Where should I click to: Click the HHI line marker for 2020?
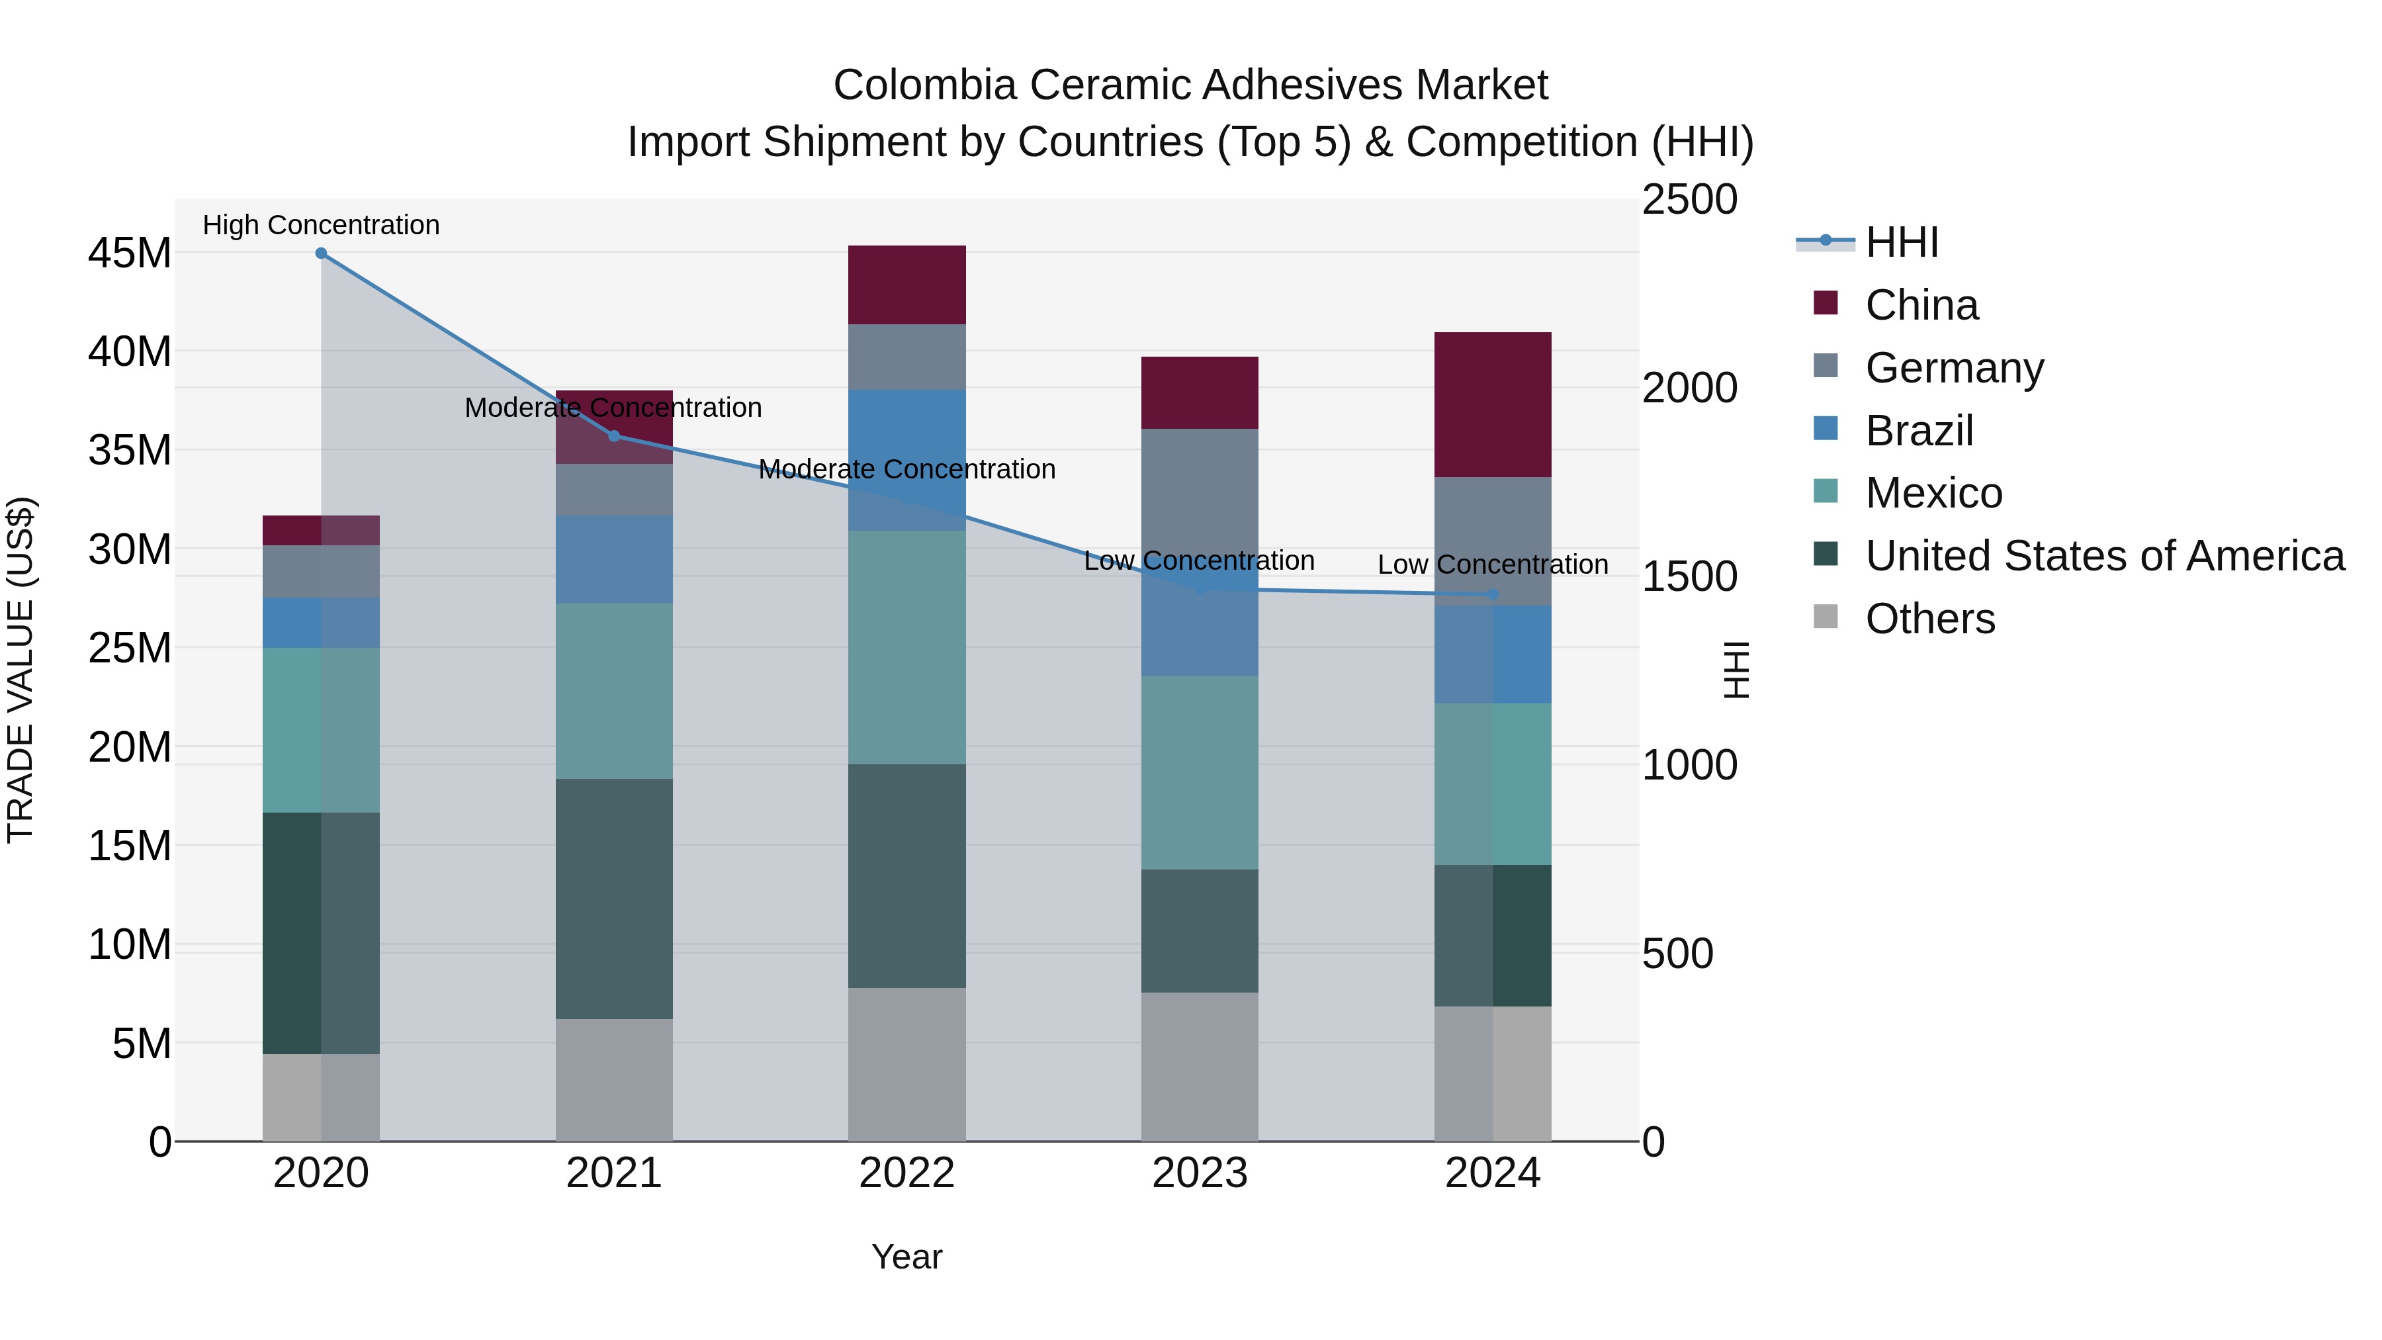click(x=321, y=253)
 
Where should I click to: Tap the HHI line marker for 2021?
click(x=614, y=435)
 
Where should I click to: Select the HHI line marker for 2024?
click(x=1493, y=595)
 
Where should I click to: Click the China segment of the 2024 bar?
click(x=1493, y=405)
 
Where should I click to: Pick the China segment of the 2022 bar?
click(x=906, y=285)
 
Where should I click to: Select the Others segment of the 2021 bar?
click(x=614, y=1080)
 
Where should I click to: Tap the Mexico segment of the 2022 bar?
click(x=906, y=647)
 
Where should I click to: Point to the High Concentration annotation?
click(x=321, y=225)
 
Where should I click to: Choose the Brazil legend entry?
click(x=1919, y=431)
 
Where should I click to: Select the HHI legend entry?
click(x=1901, y=242)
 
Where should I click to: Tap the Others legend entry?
click(x=1930, y=619)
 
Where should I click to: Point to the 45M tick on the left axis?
click(x=130, y=253)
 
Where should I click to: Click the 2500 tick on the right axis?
click(x=1689, y=201)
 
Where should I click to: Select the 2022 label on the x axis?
click(x=906, y=1173)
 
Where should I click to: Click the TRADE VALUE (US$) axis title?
click(x=21, y=670)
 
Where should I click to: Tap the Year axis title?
click(x=906, y=1257)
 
